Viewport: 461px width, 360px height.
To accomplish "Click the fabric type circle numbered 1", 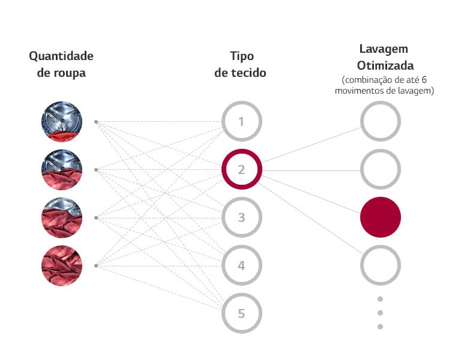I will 241,122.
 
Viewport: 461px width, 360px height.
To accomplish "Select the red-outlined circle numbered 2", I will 241,170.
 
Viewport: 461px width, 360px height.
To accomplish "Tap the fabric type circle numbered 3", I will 241,217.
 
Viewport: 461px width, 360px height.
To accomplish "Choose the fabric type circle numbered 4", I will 241,265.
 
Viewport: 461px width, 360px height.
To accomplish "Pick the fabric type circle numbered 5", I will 241,313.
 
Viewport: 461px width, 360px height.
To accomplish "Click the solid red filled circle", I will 380,217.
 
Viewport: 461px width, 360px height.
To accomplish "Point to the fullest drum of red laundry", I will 62,265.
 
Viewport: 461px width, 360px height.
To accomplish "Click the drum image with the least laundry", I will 62,122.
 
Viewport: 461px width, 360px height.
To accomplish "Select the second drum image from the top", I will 62,170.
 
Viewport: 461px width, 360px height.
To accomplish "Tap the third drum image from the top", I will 62,217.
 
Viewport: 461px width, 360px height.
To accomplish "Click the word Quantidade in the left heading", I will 61,56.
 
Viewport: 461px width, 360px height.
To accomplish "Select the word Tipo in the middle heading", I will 241,56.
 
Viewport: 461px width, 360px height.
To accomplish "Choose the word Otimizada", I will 385,65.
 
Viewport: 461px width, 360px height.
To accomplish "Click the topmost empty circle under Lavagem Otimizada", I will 380,122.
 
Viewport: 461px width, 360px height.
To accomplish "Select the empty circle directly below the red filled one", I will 380,265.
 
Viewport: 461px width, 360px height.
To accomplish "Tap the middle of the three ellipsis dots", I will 380,313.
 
